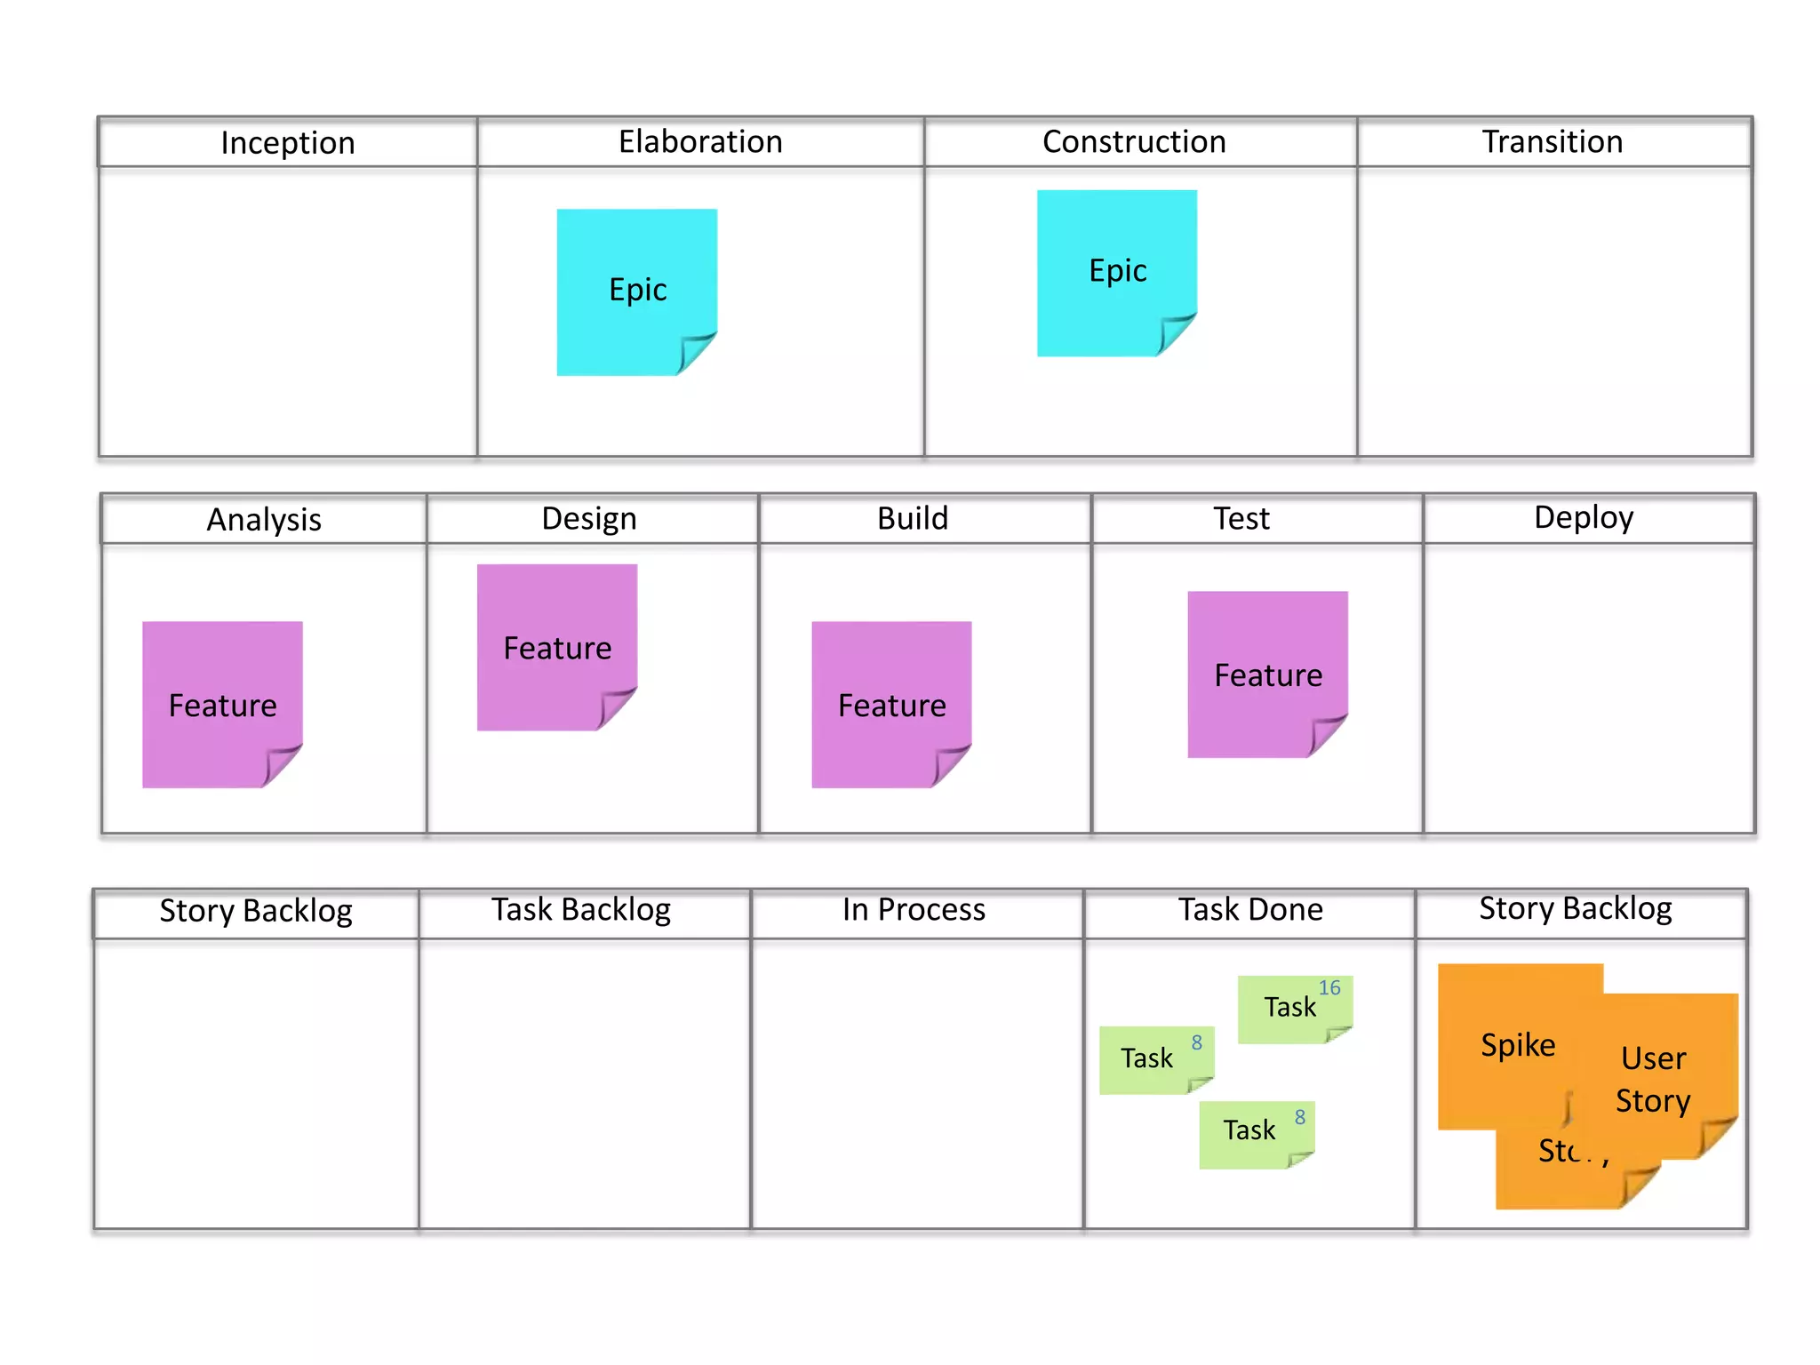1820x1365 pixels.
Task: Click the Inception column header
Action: (x=287, y=143)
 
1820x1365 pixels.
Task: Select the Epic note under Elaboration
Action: (x=636, y=291)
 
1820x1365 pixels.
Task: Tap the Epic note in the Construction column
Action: (x=1116, y=271)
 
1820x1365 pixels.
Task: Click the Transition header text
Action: (x=1552, y=142)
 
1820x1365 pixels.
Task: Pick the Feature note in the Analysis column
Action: (x=222, y=704)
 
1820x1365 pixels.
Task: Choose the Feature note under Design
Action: (x=557, y=647)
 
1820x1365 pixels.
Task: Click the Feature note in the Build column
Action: (x=891, y=704)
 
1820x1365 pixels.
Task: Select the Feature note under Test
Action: (x=1267, y=675)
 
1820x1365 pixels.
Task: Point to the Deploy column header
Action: (x=1583, y=518)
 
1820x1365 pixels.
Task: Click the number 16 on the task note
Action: (x=1329, y=988)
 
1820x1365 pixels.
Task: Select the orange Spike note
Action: (x=1517, y=1045)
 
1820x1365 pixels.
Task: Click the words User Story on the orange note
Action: (x=1653, y=1079)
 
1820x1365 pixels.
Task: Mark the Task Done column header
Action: (x=1250, y=910)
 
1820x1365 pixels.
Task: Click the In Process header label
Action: (x=914, y=910)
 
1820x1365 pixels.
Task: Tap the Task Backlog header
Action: (x=581, y=910)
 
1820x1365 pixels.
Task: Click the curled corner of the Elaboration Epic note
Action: (x=697, y=353)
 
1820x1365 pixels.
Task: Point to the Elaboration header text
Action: (x=700, y=142)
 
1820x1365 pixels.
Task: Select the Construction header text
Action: (x=1134, y=142)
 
